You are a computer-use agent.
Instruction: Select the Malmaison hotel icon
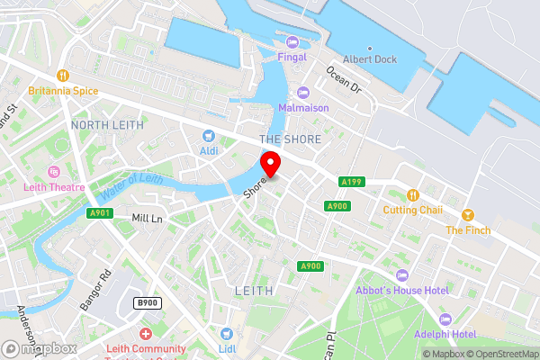(x=303, y=92)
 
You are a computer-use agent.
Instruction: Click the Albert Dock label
(x=369, y=59)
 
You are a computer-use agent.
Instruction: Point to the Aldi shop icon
(x=209, y=135)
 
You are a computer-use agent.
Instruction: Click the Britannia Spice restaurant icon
(x=62, y=76)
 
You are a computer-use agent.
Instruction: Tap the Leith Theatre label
(x=54, y=187)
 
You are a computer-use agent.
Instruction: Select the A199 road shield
(x=351, y=183)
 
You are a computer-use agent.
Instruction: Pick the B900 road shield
(x=147, y=303)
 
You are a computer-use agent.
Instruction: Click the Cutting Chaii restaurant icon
(x=412, y=194)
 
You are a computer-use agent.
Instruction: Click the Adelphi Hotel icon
(x=444, y=319)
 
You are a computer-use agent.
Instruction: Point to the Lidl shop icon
(x=227, y=334)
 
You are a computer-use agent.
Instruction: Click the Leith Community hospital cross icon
(x=146, y=334)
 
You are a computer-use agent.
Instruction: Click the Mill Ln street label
(x=148, y=219)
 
